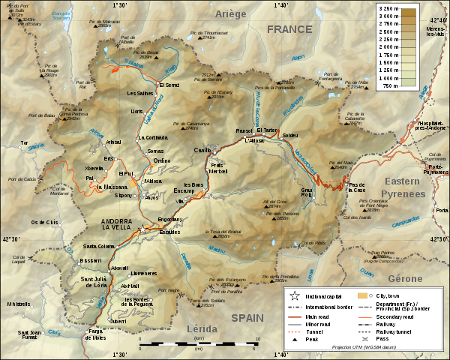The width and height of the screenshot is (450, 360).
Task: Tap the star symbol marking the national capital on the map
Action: [141, 228]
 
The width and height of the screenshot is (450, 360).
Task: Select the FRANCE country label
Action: [289, 29]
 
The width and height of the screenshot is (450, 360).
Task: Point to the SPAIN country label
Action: [247, 318]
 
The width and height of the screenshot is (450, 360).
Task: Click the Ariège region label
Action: [231, 14]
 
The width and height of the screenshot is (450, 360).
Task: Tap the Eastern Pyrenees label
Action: [405, 187]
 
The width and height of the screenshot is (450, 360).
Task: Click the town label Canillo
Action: [202, 150]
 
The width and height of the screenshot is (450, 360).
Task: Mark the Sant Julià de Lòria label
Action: [94, 282]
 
